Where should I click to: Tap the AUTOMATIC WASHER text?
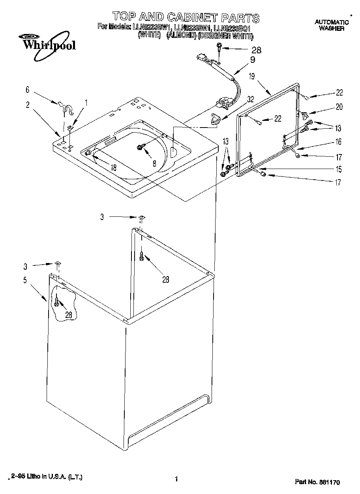click(x=332, y=25)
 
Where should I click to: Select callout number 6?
click(x=27, y=90)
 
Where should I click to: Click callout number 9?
click(x=253, y=60)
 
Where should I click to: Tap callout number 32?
click(x=251, y=100)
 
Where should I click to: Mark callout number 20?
click(x=339, y=107)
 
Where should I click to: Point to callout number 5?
click(x=25, y=281)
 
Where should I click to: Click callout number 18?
click(x=113, y=167)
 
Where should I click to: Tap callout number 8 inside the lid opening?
click(x=154, y=162)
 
